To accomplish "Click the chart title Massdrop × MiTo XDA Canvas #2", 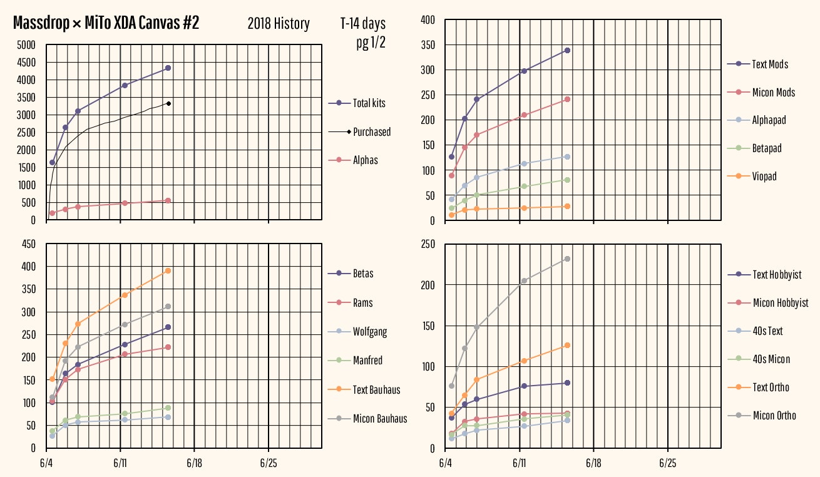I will point(106,24).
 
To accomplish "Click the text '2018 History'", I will point(279,24).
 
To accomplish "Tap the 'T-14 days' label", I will point(363,24).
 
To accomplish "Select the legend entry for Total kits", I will point(369,103).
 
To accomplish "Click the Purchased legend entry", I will point(372,131).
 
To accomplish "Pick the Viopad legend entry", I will point(764,177).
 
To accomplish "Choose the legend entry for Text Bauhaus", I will point(376,389).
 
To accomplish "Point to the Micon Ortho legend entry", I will point(774,415).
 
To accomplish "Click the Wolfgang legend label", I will point(370,332).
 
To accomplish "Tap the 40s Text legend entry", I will point(767,331).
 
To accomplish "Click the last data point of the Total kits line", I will point(168,68).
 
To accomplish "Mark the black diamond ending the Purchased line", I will point(169,103).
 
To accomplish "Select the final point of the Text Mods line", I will point(567,50).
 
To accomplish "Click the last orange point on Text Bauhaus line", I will point(168,270).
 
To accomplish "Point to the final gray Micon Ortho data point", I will point(567,259).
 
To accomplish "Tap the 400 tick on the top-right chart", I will point(427,20).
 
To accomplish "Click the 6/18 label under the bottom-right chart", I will point(593,464).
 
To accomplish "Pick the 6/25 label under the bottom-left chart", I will point(268,464).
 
